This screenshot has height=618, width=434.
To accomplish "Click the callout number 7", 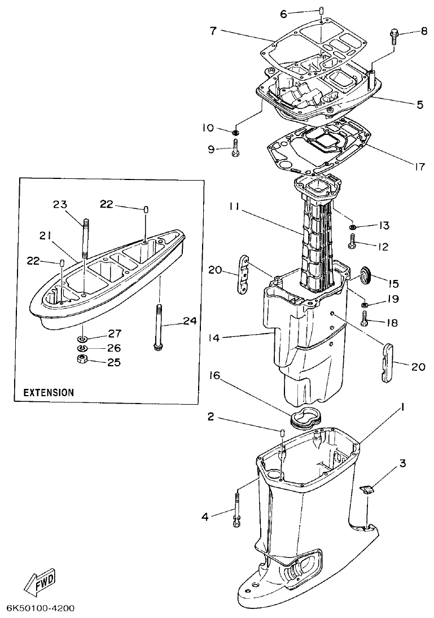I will pyautogui.click(x=213, y=30).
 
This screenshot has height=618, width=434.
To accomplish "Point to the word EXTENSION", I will pyautogui.click(x=48, y=392).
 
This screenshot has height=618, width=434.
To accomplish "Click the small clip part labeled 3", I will pyautogui.click(x=367, y=489).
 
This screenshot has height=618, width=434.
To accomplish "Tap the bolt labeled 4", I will pyautogui.click(x=237, y=510).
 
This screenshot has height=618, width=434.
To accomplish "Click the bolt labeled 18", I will pyautogui.click(x=364, y=322).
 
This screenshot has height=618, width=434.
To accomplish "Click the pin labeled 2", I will pyautogui.click(x=280, y=433).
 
